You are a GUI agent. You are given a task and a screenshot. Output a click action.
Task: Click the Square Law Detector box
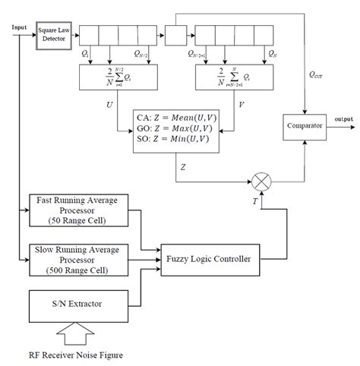[x=52, y=36]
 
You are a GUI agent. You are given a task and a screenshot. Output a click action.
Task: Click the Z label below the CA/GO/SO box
[x=185, y=164]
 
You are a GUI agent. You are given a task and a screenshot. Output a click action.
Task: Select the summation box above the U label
[x=116, y=77]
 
